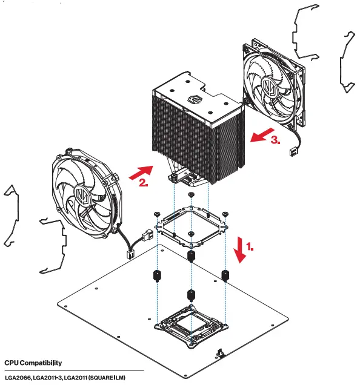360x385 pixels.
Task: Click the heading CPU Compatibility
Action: click(33, 363)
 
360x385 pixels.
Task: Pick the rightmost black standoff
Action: click(225, 276)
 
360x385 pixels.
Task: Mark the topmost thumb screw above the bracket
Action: click(191, 195)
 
